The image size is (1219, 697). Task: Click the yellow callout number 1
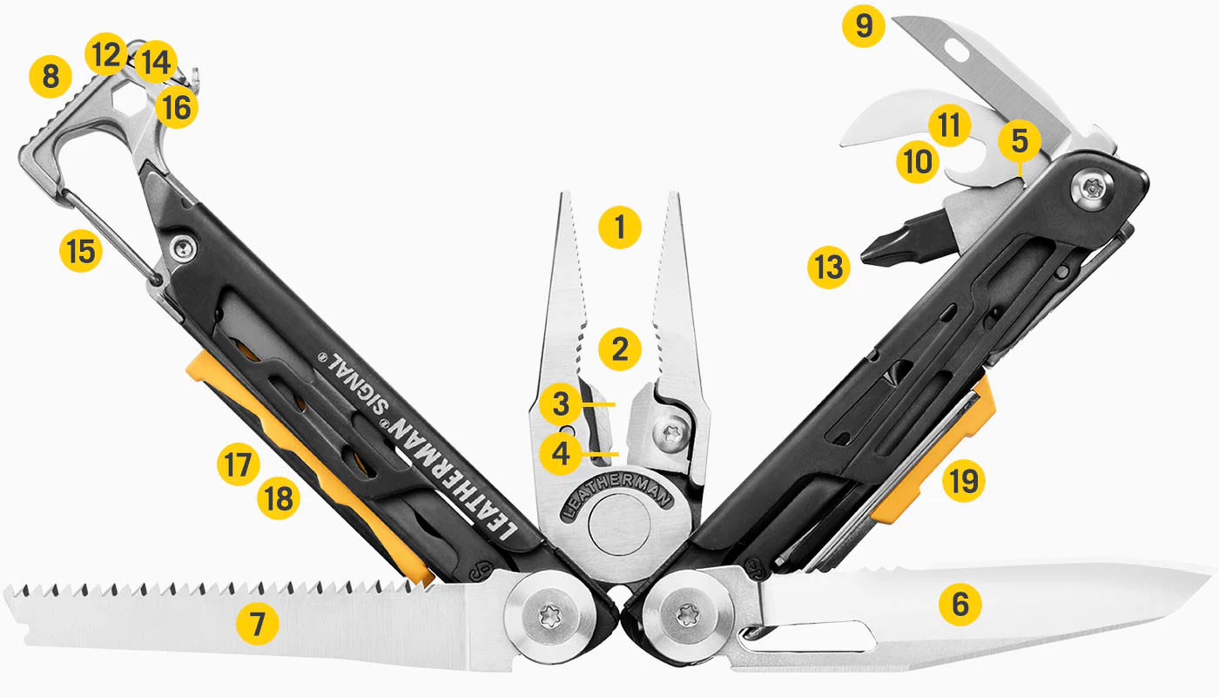click(620, 227)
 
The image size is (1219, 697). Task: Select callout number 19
click(963, 481)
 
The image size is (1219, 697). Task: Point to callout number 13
click(828, 267)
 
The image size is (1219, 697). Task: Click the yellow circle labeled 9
click(863, 26)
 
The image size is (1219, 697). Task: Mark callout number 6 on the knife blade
click(960, 604)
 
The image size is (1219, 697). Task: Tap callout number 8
click(51, 77)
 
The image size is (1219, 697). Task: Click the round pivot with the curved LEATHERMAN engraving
click(618, 526)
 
